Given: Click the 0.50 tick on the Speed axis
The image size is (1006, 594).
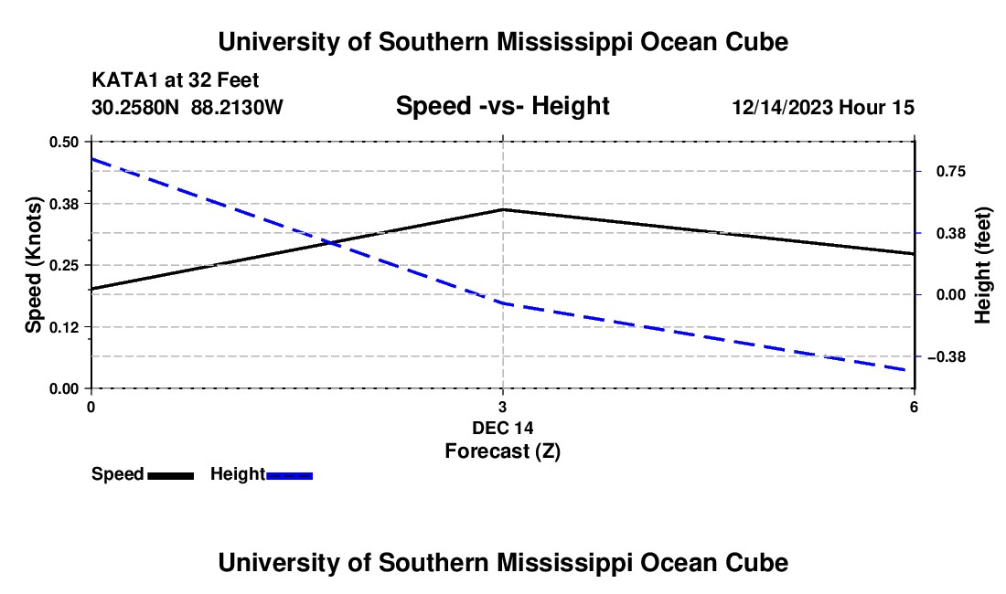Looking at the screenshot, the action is [63, 142].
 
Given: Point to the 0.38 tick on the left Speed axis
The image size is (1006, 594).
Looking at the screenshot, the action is [63, 204].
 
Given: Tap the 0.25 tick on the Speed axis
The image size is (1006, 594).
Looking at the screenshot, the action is [63, 265].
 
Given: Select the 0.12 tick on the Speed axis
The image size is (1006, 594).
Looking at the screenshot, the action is [63, 327].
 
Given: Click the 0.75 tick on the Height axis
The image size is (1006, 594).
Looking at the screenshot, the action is [950, 172].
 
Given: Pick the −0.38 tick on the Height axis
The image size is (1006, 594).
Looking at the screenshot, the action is [947, 357].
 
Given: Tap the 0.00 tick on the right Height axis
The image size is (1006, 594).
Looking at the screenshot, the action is [950, 295].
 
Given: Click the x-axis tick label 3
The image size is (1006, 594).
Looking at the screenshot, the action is [502, 407].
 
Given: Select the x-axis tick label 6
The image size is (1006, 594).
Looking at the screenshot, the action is [914, 407].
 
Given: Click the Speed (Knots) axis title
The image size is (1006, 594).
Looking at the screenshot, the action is [33, 265].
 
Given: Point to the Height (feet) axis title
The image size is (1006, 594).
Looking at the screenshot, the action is [982, 265].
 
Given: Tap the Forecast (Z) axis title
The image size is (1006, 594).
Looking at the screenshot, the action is [502, 451].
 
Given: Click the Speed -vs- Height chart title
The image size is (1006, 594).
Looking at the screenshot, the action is [502, 106].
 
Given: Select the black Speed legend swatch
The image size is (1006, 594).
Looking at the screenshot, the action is [171, 475].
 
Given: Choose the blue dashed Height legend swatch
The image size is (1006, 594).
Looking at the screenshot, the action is [289, 475].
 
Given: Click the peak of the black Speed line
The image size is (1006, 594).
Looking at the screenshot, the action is [503, 209].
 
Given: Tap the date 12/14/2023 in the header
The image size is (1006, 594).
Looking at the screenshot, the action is [783, 107].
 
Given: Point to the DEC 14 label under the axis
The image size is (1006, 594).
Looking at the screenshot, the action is [502, 428].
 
